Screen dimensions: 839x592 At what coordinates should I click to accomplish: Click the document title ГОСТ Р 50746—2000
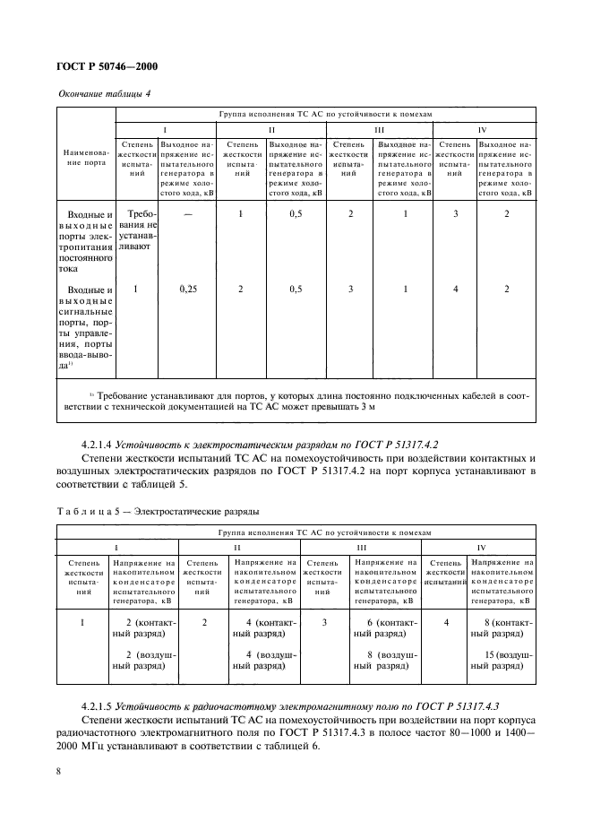click(107, 65)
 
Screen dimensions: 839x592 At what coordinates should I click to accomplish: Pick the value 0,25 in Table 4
click(187, 290)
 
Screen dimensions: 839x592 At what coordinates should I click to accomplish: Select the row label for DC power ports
click(86, 241)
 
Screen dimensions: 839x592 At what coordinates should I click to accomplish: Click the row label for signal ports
click(86, 327)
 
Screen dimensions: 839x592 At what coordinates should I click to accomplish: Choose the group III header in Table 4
click(379, 129)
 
